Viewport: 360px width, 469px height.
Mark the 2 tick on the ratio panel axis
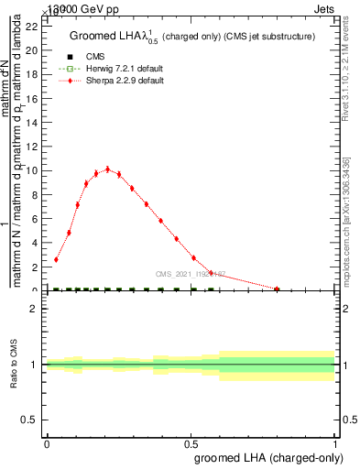(35, 309)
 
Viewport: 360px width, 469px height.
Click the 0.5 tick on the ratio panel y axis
(32, 420)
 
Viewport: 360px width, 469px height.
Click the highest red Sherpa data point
(107, 169)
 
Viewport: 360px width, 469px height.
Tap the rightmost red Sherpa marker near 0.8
(278, 289)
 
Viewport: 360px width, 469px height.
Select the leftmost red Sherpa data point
(56, 259)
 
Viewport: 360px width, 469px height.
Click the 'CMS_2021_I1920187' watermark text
(191, 274)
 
